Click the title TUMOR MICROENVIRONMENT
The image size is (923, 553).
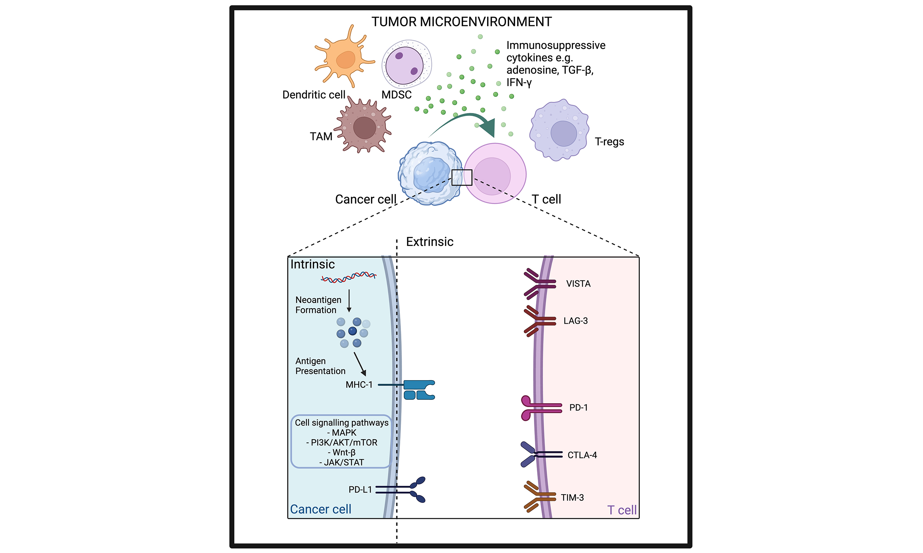click(461, 22)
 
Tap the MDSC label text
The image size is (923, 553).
click(396, 95)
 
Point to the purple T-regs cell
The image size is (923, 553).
click(559, 130)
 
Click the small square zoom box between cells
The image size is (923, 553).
click(461, 177)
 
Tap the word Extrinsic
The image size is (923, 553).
click(429, 242)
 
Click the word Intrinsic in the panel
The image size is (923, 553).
click(312, 264)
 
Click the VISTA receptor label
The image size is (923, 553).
click(578, 284)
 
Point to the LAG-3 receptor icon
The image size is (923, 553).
click(537, 321)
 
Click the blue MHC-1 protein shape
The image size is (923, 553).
click(419, 390)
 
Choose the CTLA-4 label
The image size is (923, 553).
click(582, 455)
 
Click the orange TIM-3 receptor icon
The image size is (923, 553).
click(537, 496)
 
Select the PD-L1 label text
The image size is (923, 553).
click(360, 489)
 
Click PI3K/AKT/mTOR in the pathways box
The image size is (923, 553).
click(341, 442)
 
